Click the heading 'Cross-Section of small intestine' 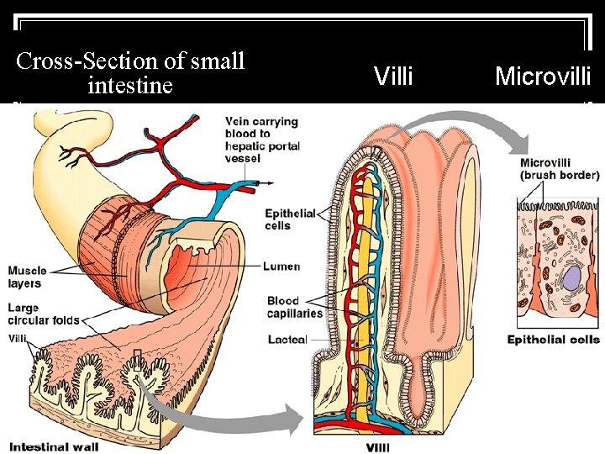coord(130,73)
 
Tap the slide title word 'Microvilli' coord(543,77)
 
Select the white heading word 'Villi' coord(393,77)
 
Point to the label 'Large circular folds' coord(44,314)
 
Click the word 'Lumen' coord(281,267)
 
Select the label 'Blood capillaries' coord(294,307)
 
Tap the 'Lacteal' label coord(287,340)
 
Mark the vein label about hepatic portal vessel coord(260,140)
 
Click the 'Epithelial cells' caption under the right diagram coord(553,340)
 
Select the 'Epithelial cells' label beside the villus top coord(289,219)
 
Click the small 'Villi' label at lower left coord(18,338)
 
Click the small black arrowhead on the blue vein coord(271,182)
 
